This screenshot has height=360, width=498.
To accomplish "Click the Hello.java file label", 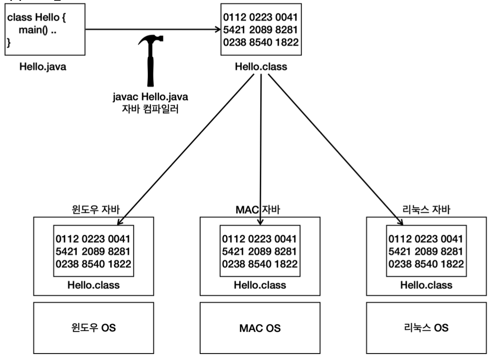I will click(43, 67).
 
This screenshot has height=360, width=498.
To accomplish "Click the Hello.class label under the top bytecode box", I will click(261, 67).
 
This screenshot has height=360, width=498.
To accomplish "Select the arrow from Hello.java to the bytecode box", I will click(151, 30).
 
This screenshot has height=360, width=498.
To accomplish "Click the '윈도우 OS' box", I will click(93, 328).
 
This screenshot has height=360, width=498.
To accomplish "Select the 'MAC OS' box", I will click(260, 328).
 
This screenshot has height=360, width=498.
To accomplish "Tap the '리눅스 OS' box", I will click(426, 328).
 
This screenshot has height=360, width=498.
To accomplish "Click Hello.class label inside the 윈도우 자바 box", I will click(93, 285).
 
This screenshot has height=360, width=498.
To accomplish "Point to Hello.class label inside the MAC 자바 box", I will click(260, 285).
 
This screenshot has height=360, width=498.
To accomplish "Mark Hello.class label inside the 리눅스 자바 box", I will click(426, 285).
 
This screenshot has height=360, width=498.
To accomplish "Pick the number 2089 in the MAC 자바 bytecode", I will click(260, 251).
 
